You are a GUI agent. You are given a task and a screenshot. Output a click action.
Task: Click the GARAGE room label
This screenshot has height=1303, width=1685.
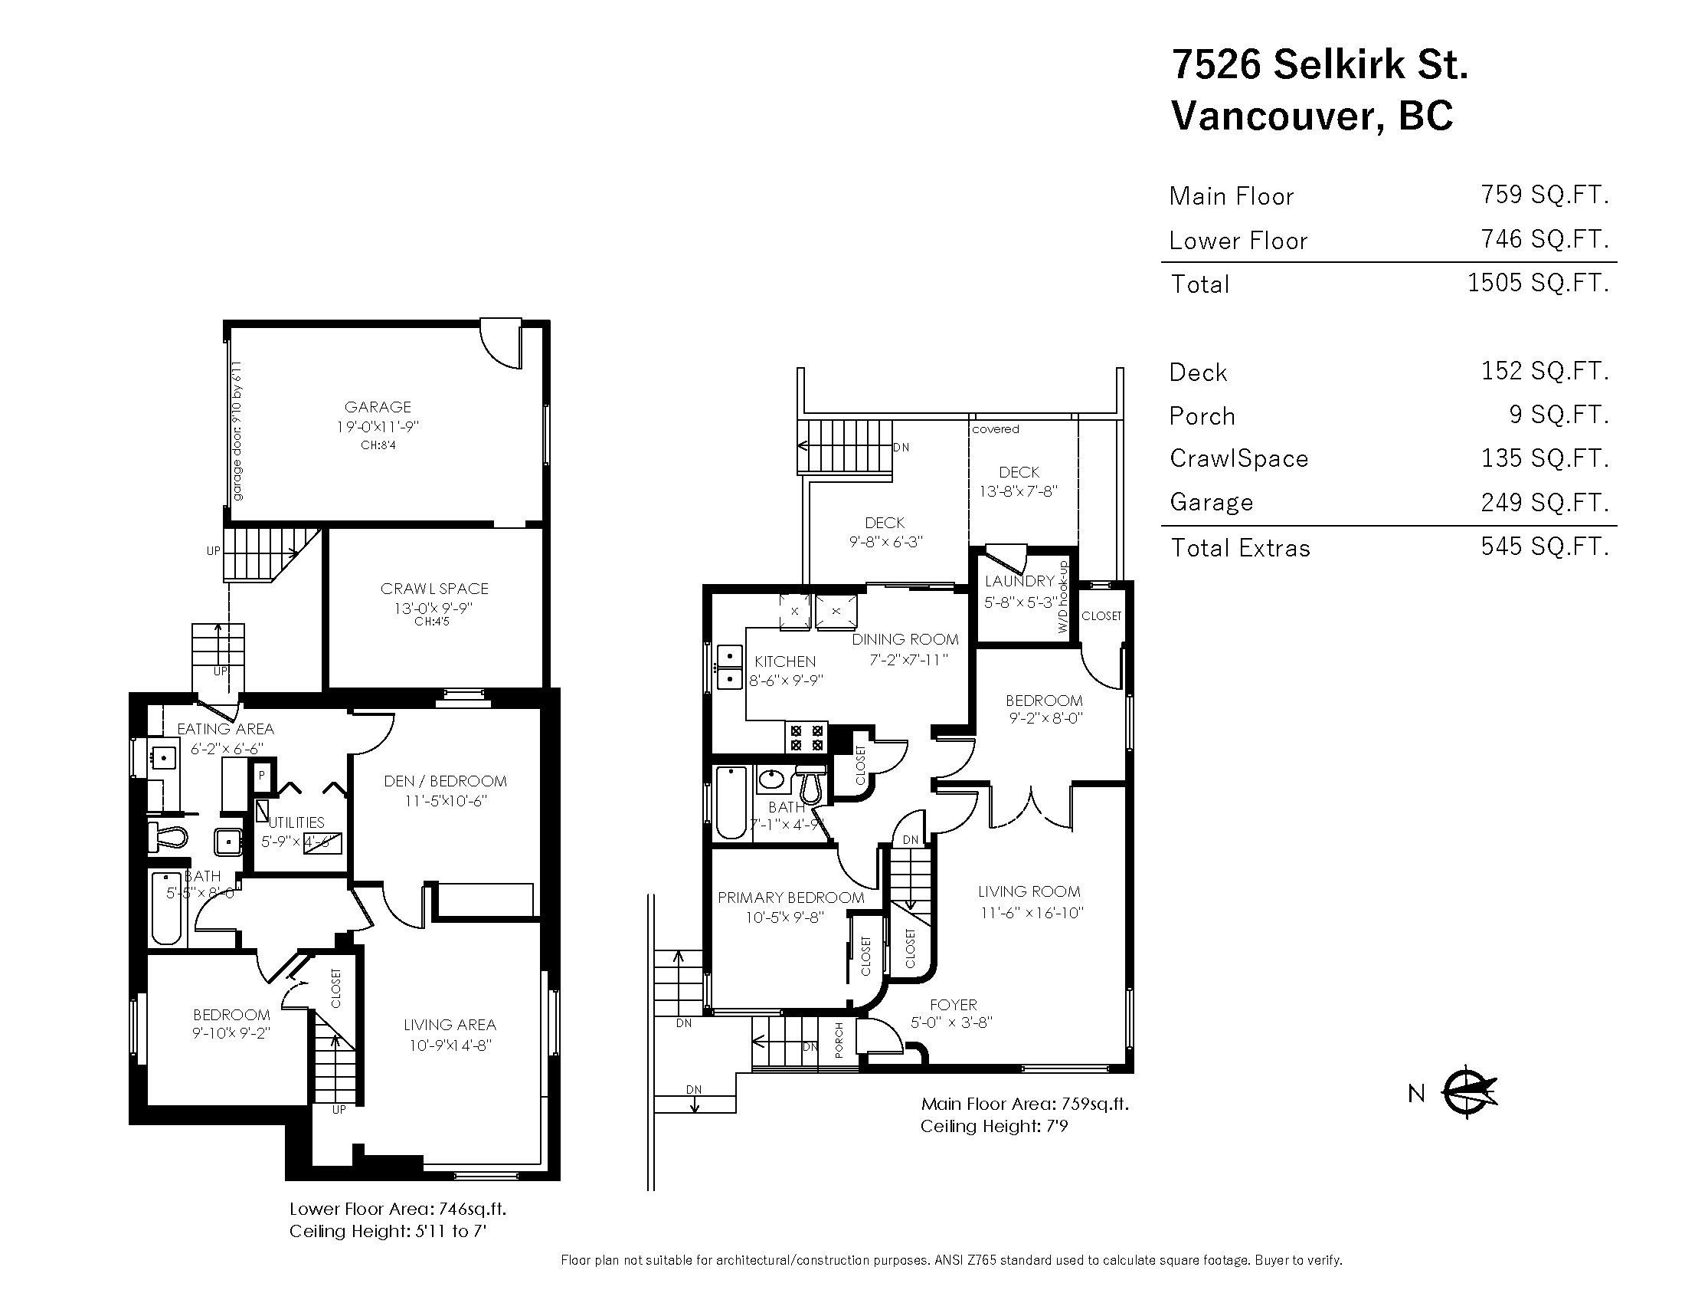(378, 407)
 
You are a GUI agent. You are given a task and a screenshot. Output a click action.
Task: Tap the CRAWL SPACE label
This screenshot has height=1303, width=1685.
(434, 589)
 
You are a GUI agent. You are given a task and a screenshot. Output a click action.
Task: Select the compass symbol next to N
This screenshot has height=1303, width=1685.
(1468, 1091)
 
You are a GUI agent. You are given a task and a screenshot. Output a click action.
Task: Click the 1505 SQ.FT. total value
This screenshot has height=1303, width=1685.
(1538, 283)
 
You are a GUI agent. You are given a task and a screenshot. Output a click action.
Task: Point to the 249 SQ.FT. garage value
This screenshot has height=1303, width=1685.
(1545, 503)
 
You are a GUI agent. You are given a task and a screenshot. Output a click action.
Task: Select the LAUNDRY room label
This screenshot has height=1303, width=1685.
(1019, 581)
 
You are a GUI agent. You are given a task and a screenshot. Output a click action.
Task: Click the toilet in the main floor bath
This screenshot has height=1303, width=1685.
(809, 785)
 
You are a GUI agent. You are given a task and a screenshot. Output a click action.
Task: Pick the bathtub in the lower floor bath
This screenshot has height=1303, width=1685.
(166, 908)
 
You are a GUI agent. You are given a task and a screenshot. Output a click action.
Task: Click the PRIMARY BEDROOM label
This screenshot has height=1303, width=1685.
(791, 898)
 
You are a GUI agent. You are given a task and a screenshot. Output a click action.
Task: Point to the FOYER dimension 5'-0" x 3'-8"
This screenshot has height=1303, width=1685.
(951, 1022)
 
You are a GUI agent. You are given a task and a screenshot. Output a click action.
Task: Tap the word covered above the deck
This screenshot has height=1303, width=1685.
(995, 429)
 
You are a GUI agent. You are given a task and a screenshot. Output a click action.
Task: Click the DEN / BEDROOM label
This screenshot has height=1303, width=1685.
(445, 781)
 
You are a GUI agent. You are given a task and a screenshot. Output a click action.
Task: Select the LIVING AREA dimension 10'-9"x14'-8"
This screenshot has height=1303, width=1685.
(449, 1045)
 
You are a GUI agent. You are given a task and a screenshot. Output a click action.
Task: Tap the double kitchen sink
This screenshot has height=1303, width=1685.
(728, 668)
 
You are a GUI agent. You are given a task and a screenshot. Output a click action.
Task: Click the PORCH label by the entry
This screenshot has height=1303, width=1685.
(839, 1039)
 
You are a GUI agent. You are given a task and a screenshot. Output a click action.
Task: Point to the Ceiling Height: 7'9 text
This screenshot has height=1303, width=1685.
(993, 1126)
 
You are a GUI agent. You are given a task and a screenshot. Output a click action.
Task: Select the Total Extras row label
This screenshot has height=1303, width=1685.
(1241, 548)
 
